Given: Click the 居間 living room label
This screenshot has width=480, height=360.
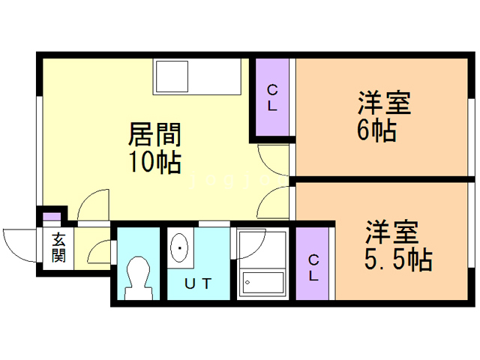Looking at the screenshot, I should (155, 135).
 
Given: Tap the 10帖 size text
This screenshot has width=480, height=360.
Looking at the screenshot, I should (156, 161).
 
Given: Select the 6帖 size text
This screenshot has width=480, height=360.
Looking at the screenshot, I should (376, 131).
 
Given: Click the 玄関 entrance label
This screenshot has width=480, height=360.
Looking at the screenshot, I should (58, 247).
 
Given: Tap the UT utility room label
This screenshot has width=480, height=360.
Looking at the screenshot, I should (199, 283).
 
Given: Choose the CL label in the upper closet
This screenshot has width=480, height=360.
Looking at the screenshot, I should (272, 97).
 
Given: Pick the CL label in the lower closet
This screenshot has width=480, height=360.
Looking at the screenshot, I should (314, 267).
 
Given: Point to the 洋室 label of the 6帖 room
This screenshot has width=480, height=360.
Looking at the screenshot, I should (384, 103).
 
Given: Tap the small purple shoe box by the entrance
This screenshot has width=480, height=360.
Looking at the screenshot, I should (51, 217).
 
